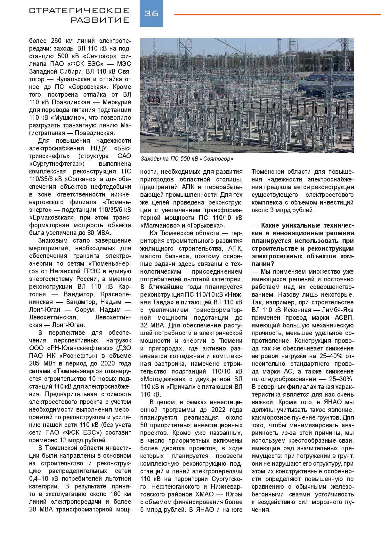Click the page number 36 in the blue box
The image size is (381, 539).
[151, 13]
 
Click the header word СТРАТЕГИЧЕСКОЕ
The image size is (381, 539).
[79, 11]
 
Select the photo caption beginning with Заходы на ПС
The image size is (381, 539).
[187, 159]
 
